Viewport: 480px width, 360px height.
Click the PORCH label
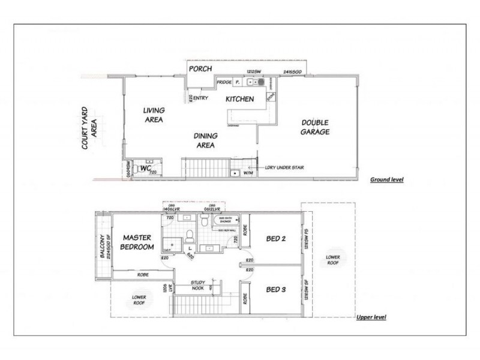(200, 69)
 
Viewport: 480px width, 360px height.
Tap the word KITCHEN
(240, 98)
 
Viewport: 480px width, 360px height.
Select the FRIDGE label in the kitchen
(225, 82)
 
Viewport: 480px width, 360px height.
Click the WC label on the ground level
(144, 169)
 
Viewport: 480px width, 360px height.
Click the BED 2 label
(275, 239)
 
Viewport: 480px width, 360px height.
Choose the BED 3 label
(275, 290)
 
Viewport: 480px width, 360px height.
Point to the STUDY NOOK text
(198, 284)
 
